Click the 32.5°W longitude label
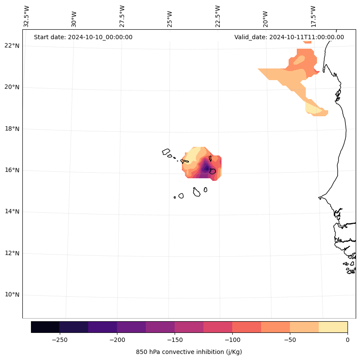coord(26,16)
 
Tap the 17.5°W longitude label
coord(313,16)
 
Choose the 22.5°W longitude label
coord(218,16)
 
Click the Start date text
coord(83,37)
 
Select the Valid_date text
coord(289,37)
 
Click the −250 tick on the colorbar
coord(59,339)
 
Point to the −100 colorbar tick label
coord(232,339)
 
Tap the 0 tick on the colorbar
coord(348,339)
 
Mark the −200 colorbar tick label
coord(117,339)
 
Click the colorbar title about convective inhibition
coord(189,352)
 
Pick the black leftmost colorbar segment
coord(45,327)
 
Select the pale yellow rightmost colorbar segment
coord(333,327)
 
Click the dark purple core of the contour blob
coord(206,168)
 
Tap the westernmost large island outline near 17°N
coord(166,152)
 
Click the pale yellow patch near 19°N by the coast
coord(313,108)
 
